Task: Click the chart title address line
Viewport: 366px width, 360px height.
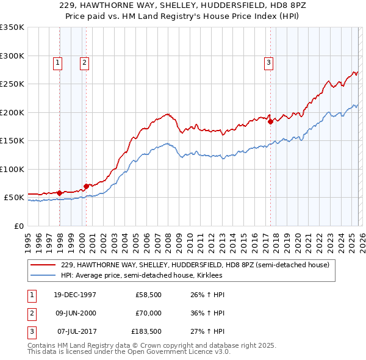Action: pyautogui.click(x=182, y=5)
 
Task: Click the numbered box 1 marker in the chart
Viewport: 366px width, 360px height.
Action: pyautogui.click(x=57, y=62)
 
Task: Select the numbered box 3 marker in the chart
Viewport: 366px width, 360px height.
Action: pyautogui.click(x=268, y=62)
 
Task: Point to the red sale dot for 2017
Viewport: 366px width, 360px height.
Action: pyautogui.click(x=270, y=121)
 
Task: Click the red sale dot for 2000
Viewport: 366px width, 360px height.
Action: pyautogui.click(x=86, y=185)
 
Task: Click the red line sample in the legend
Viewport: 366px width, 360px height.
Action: pyautogui.click(x=43, y=265)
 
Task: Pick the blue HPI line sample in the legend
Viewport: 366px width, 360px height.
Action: pyautogui.click(x=43, y=275)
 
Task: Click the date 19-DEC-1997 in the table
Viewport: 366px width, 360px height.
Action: pyautogui.click(x=75, y=295)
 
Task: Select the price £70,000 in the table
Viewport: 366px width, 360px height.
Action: pyautogui.click(x=148, y=313)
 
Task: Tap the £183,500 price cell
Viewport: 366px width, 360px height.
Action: pyautogui.click(x=146, y=331)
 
